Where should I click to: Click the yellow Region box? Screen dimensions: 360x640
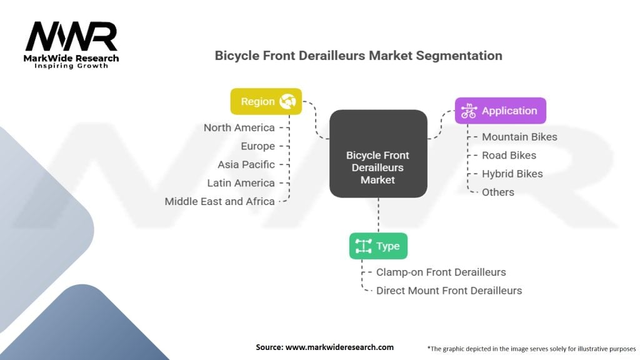coord(266,101)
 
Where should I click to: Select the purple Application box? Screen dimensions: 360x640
coord(500,111)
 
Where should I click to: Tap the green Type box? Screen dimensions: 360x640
coord(378,246)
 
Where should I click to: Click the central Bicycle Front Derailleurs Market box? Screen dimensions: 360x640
coord(378,167)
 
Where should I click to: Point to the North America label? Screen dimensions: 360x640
coord(239,127)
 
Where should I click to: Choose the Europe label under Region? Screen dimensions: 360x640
coord(257,146)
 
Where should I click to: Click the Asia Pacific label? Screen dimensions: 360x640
coord(246,164)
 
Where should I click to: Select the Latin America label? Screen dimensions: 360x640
coord(241,183)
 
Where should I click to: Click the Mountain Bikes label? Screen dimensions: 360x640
coord(519,137)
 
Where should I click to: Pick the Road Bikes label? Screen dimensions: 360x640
coord(509,155)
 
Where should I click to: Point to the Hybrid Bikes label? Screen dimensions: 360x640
coord(512,174)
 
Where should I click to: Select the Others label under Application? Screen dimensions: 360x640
coord(498,192)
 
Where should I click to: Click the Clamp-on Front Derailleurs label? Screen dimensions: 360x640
coord(441,272)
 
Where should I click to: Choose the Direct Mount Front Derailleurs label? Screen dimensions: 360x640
coord(449,291)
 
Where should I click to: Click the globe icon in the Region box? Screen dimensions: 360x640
coord(288,101)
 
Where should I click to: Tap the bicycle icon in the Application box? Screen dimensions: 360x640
coord(468,111)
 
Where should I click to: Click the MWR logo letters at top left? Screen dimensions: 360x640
coord(71,37)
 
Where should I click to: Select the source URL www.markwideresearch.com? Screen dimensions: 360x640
coord(339,347)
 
